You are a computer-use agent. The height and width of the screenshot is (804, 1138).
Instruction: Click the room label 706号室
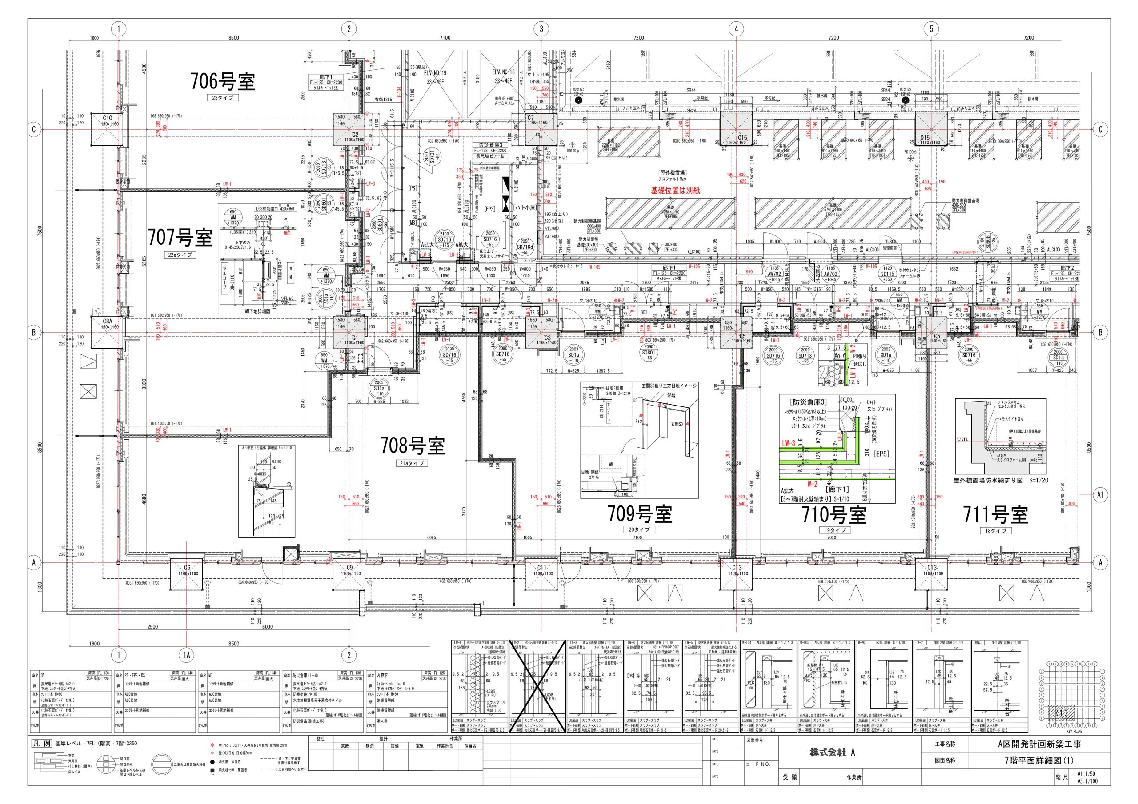[223, 81]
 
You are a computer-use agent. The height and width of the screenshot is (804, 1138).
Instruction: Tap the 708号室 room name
[413, 446]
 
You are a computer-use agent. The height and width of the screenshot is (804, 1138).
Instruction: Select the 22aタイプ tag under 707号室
[180, 255]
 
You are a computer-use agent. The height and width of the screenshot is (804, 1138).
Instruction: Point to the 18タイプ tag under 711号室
[995, 530]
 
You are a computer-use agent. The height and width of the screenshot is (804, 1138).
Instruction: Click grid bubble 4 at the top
[736, 29]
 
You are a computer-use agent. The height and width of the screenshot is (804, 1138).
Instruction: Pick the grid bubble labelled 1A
[186, 655]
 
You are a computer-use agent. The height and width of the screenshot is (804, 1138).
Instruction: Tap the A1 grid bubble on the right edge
[1100, 495]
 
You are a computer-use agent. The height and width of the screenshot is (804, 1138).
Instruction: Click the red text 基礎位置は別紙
[675, 190]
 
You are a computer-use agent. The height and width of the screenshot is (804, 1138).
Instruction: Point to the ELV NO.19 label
[435, 72]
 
